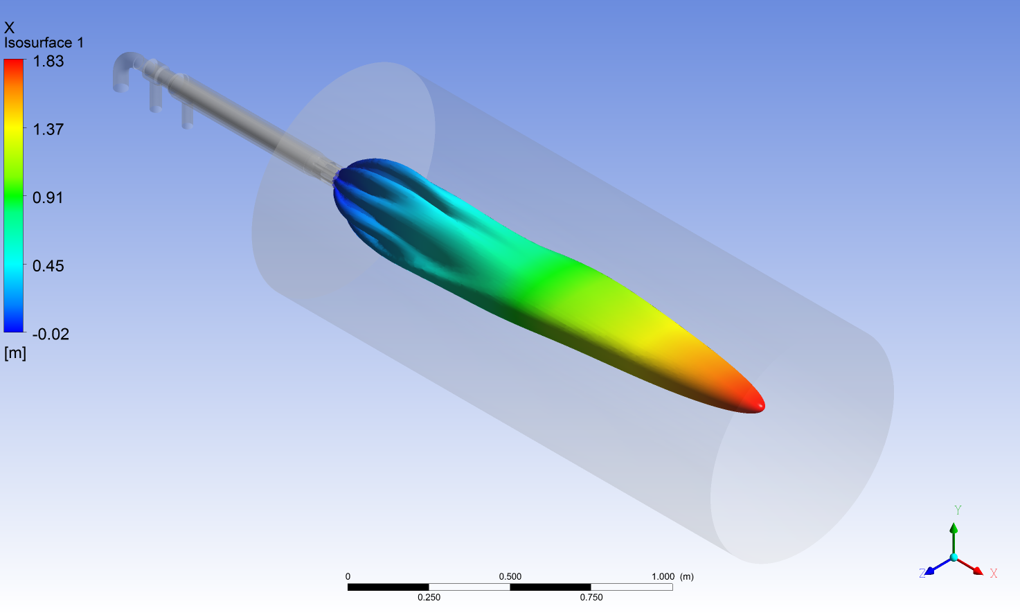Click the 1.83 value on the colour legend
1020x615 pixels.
point(48,61)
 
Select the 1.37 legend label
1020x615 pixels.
point(48,130)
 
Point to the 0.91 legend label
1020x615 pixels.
point(48,197)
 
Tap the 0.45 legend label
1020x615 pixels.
point(48,266)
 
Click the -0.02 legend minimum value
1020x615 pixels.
point(51,335)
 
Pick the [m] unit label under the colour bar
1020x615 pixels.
point(15,353)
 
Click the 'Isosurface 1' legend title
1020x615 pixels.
point(44,43)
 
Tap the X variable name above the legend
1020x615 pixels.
point(9,28)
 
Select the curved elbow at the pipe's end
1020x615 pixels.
point(124,69)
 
